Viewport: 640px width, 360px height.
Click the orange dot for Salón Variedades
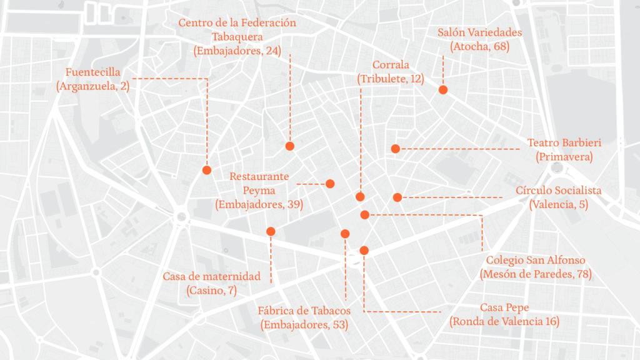[443, 90]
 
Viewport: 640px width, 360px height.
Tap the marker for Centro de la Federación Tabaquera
[289, 146]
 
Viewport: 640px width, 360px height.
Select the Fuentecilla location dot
[207, 170]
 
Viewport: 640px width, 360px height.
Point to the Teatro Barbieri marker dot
[396, 149]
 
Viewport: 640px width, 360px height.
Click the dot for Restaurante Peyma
[330, 184]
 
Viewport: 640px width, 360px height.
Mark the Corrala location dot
[360, 197]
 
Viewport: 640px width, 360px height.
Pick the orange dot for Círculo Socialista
[397, 197]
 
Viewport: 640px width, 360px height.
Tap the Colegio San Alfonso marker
[365, 215]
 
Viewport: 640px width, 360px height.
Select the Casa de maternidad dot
[271, 232]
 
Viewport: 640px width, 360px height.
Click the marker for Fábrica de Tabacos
[344, 234]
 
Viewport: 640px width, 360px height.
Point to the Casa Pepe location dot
[364, 250]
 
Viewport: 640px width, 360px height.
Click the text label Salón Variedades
[480, 32]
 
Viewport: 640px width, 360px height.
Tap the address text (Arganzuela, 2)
[92, 86]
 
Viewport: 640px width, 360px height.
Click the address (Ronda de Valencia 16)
[504, 322]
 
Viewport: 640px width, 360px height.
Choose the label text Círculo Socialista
[559, 191]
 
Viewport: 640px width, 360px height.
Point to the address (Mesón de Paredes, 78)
[536, 274]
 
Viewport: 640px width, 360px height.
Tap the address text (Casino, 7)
[211, 291]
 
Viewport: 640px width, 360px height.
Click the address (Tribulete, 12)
[391, 79]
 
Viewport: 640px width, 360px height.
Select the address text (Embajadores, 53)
[304, 325]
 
